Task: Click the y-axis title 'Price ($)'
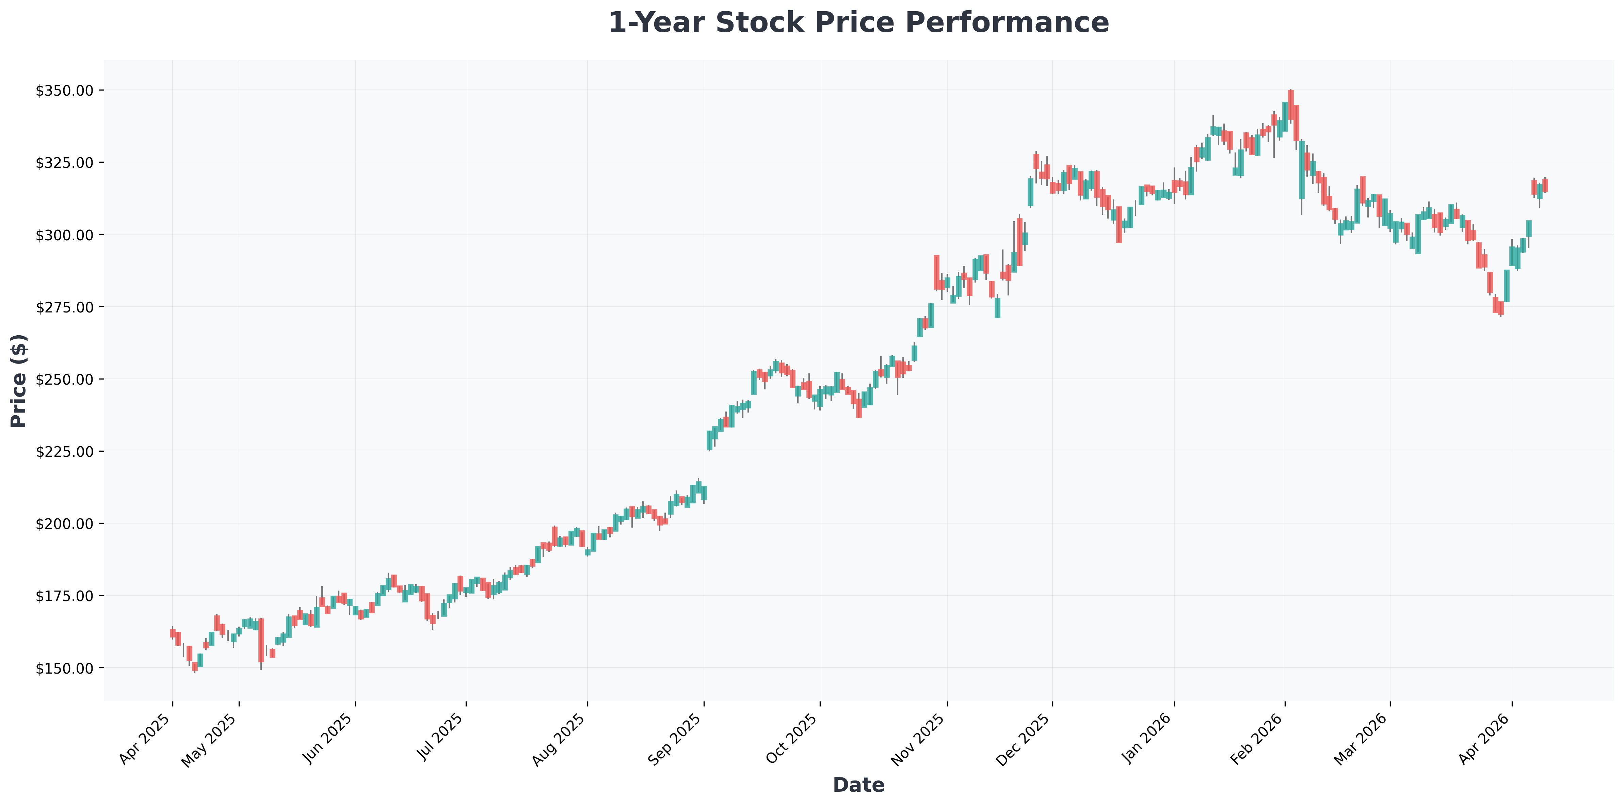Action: click(x=19, y=381)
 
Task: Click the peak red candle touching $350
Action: click(x=1290, y=104)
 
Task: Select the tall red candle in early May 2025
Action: click(x=261, y=640)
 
